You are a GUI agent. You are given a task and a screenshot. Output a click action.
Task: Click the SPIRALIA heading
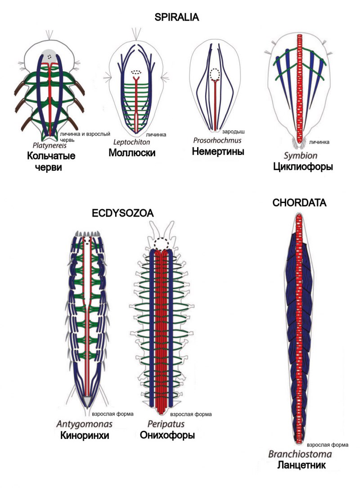tap(176, 18)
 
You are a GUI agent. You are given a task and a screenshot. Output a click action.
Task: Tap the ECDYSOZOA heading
tap(123, 213)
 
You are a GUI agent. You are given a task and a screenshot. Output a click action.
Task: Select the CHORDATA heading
tap(299, 203)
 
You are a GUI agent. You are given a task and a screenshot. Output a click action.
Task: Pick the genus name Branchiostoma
tap(300, 454)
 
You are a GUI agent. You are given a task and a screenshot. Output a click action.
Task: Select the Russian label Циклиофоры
tap(302, 167)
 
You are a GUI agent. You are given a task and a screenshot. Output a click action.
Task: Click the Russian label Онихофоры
tap(167, 435)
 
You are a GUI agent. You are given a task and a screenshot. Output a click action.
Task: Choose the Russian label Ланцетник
tap(301, 465)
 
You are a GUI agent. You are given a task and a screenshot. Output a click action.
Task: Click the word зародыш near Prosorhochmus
tap(233, 132)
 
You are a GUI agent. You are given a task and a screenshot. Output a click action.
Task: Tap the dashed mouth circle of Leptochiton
tap(135, 72)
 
